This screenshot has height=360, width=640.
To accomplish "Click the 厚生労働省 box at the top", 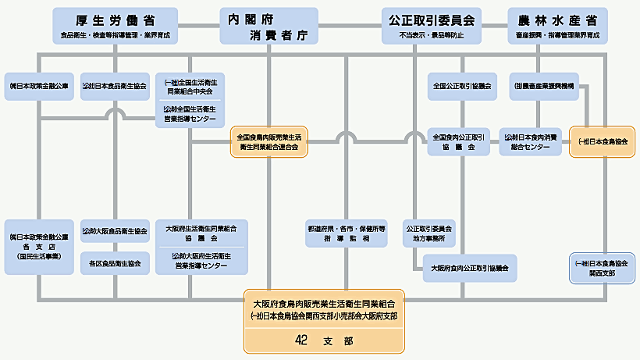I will (x=115, y=25).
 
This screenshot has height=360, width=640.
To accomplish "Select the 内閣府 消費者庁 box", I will (x=268, y=25).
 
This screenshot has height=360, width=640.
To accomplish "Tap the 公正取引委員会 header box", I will (x=431, y=25).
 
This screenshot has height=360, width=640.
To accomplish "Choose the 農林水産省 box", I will (x=556, y=25).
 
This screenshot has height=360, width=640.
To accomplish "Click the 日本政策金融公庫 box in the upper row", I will (x=38, y=85).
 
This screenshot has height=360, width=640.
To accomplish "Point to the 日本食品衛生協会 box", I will (x=115, y=85).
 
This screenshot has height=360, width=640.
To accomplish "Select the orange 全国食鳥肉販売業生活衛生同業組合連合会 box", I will (x=268, y=141).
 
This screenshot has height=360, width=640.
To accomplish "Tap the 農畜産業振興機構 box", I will (x=544, y=85).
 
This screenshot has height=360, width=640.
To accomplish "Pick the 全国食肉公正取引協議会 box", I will (x=459, y=141).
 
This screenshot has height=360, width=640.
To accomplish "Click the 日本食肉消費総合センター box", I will (x=532, y=141).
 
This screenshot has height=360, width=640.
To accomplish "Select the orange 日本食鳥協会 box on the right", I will (x=599, y=141).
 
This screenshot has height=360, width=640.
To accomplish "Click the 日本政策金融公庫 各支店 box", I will (x=38, y=246).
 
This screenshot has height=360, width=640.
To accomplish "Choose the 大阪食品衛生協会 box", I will (x=115, y=231).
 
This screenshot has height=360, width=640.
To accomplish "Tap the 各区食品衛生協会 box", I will (x=115, y=264).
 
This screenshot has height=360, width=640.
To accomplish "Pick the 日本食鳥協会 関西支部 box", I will (x=599, y=268).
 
